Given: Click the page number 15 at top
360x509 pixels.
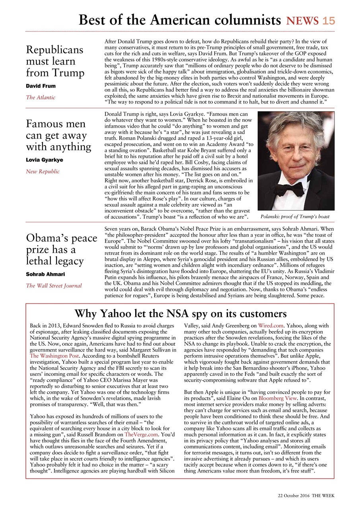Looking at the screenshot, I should (329, 21).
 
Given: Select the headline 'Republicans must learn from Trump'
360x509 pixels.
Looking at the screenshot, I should (55, 61).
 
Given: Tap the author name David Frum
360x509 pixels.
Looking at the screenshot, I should (41, 86).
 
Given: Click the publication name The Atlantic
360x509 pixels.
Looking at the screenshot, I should (41, 97).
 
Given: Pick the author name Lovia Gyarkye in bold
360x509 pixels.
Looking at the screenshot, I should (44, 160).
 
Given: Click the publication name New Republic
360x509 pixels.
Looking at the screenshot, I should (43, 171).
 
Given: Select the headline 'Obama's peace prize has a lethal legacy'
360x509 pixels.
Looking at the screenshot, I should (61, 250).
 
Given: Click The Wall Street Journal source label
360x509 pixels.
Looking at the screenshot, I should (54, 286).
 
